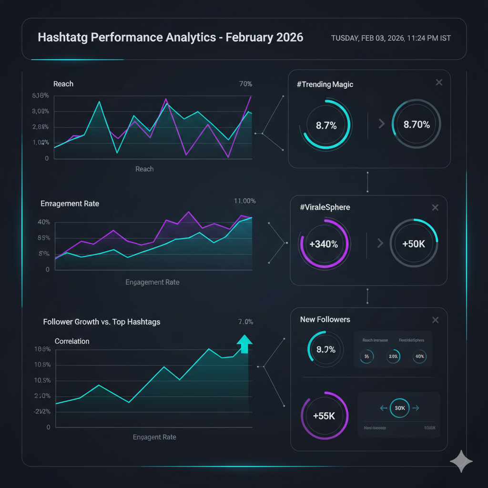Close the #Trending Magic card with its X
[439, 83]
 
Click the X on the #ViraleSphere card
[435, 207]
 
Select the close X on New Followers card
[435, 320]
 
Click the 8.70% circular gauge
[417, 125]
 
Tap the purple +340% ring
[324, 244]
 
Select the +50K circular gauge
[414, 244]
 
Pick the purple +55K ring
[324, 416]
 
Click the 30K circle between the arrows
[399, 408]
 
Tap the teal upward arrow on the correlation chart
[244, 343]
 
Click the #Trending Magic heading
[325, 84]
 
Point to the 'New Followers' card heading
[325, 319]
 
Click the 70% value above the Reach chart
[245, 84]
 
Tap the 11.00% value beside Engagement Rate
[245, 201]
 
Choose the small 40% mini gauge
[420, 356]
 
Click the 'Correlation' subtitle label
[72, 341]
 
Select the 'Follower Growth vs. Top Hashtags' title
[102, 322]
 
